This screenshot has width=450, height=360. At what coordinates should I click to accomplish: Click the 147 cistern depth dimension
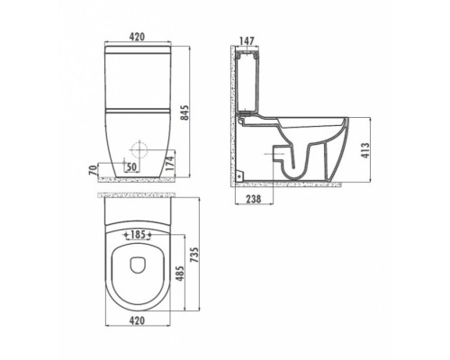click(247, 40)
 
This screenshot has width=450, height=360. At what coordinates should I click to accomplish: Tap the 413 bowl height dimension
click(365, 151)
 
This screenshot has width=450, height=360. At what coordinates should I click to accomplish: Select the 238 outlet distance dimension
click(254, 199)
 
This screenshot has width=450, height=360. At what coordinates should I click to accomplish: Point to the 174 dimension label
click(170, 163)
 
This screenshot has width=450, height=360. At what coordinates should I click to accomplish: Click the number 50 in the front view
click(132, 167)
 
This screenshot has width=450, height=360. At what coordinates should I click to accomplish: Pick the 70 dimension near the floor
click(94, 170)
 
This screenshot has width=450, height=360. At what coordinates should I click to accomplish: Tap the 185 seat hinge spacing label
click(139, 235)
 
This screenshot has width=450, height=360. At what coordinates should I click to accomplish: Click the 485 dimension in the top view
click(179, 273)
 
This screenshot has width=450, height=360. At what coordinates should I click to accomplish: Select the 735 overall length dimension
click(195, 255)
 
